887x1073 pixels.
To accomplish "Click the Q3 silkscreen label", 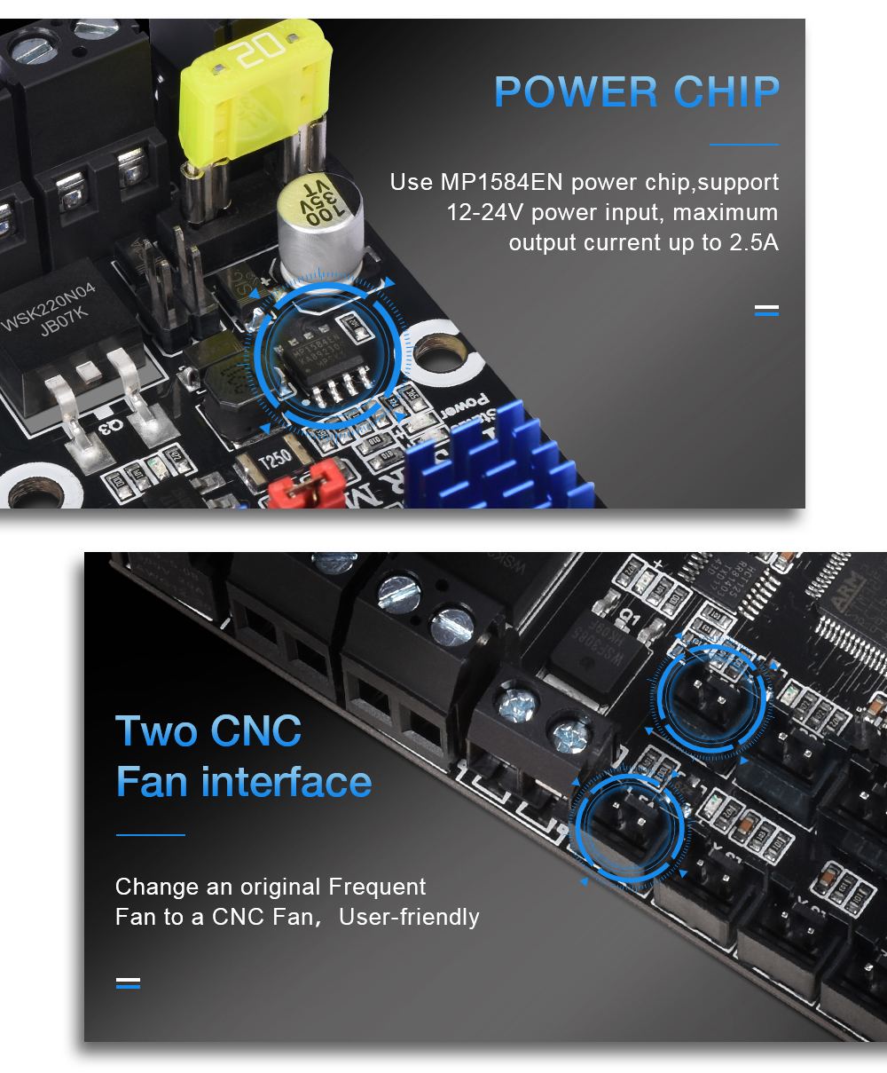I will (109, 427).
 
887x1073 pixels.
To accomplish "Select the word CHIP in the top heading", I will (726, 92).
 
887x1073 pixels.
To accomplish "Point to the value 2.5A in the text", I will (753, 243).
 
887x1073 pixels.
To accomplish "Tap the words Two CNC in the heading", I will (208, 731).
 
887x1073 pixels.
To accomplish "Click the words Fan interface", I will (243, 782).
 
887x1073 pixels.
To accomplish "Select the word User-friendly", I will (409, 917).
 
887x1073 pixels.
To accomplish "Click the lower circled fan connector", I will (629, 825).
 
